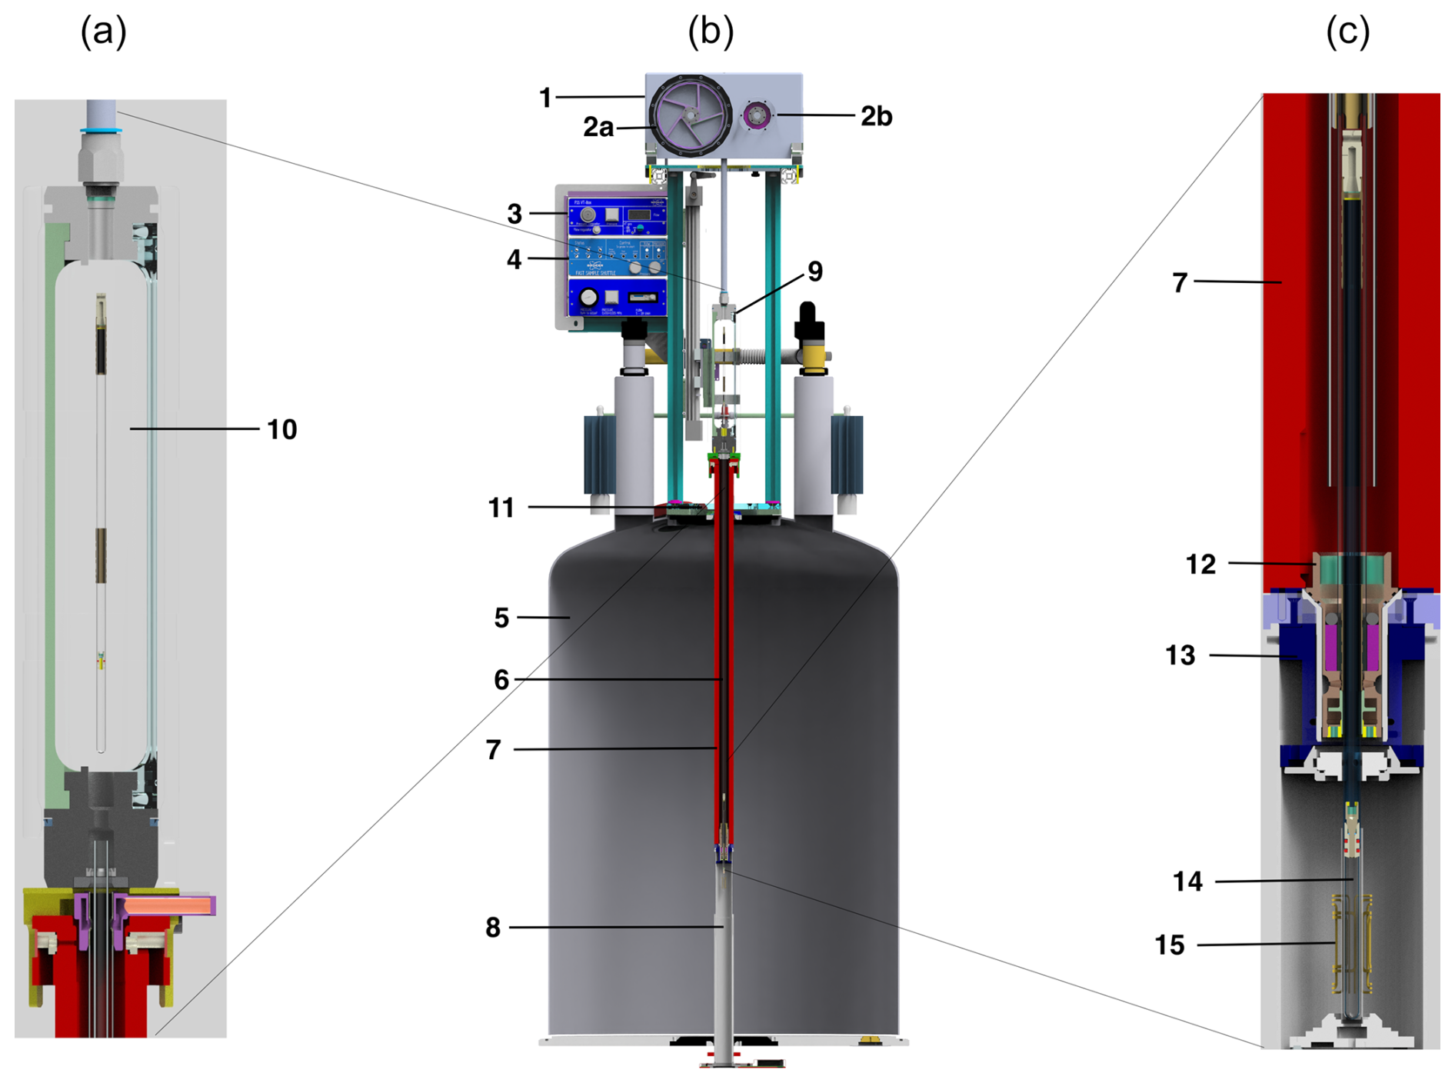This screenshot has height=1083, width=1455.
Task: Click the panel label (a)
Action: (x=104, y=32)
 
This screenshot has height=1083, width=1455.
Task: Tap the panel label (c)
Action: (x=1347, y=32)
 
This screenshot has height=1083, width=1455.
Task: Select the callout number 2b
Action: (x=876, y=116)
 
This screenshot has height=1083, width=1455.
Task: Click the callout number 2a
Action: (x=598, y=127)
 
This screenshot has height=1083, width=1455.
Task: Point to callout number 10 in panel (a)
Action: (x=281, y=429)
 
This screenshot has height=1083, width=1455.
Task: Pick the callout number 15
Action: (x=1170, y=945)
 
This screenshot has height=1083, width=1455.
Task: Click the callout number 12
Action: (x=1200, y=564)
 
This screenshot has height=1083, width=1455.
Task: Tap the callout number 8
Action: (x=493, y=928)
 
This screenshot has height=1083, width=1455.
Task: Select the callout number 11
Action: (x=501, y=508)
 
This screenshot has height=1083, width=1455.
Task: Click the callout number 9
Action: (x=815, y=271)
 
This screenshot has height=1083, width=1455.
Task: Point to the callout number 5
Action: (x=501, y=618)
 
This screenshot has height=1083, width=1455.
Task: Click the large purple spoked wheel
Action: (x=691, y=115)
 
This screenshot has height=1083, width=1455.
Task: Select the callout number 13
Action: (x=1180, y=655)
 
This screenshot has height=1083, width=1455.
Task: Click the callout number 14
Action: (x=1187, y=881)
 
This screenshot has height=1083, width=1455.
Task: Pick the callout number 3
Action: (x=514, y=214)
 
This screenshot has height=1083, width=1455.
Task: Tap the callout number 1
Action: (x=545, y=98)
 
